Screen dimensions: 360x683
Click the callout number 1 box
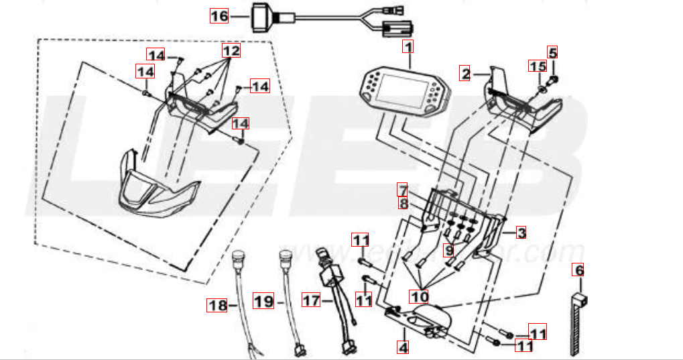[408, 47]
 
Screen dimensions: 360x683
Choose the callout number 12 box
[231, 51]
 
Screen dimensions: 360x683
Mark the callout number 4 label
[403, 348]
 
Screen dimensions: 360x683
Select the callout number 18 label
[216, 306]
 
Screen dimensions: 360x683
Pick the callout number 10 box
[420, 295]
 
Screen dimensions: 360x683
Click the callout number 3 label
[520, 233]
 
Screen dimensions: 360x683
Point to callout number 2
[465, 72]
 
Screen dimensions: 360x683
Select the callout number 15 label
[538, 66]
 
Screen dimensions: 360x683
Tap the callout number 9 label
[448, 250]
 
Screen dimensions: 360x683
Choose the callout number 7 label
[402, 189]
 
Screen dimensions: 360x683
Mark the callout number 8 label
[402, 202]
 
